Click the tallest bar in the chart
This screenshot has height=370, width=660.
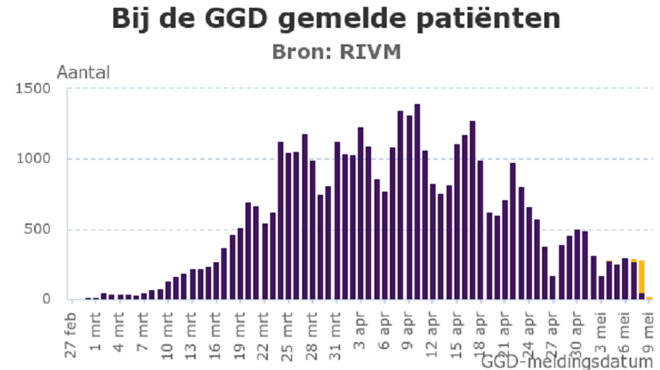pos(417,202)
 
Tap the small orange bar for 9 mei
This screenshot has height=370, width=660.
pos(649,298)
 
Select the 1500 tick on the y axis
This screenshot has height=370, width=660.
pos(35,88)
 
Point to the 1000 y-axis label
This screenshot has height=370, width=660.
pos(35,159)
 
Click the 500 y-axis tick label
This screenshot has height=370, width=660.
pos(39,230)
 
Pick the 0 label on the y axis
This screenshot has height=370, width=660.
pos(47,299)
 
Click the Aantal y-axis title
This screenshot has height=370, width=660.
pos(84,73)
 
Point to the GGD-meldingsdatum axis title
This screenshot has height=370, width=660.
pos(566,361)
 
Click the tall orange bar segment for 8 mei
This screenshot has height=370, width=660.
pos(642,276)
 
